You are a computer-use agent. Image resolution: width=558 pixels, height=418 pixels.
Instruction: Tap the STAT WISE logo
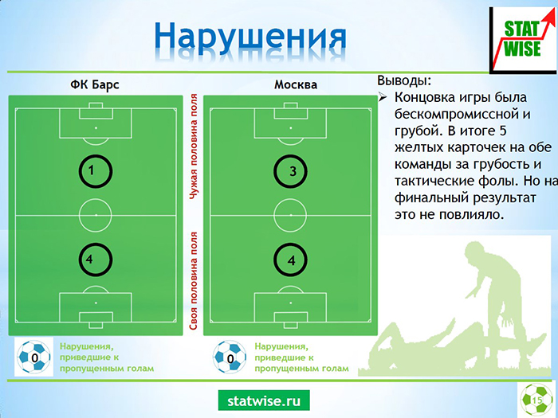[x=523, y=40]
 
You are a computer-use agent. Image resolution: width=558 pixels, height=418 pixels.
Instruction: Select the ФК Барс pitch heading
[x=95, y=85]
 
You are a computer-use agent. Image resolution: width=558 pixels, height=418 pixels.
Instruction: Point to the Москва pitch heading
[x=296, y=84]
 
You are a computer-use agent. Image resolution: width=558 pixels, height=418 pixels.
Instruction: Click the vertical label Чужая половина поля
[x=194, y=146]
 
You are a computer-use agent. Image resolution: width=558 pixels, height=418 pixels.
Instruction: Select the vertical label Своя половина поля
[x=193, y=281]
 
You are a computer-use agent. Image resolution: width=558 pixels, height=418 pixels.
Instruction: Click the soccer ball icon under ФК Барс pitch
[x=34, y=357]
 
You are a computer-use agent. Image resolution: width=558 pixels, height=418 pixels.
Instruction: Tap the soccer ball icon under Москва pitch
[x=230, y=357]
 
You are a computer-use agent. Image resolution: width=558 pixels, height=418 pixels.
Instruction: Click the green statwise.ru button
[x=264, y=400]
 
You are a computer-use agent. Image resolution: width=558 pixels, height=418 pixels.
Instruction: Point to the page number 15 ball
[x=536, y=400]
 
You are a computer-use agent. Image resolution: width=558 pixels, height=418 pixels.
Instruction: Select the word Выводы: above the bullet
[x=404, y=80]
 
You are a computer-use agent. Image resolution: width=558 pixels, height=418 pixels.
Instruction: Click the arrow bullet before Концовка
[x=382, y=97]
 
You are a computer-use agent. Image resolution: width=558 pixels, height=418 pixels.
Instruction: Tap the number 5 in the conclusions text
[x=502, y=131]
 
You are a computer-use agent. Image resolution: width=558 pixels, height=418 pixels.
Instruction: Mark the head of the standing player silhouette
[x=476, y=252]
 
